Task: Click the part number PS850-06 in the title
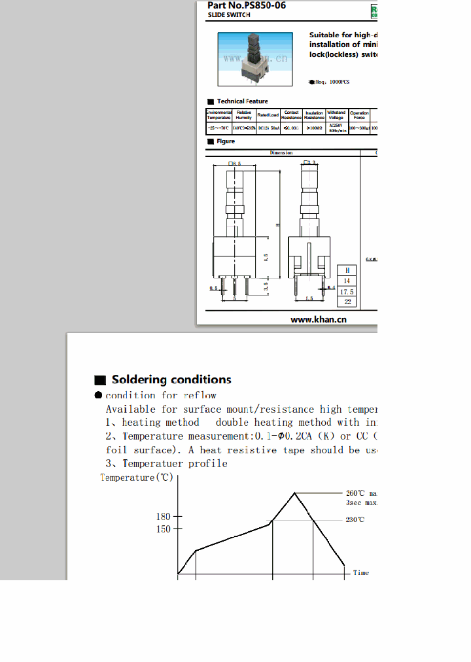point(261,5)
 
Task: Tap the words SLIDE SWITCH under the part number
point(229,14)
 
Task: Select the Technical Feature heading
point(242,101)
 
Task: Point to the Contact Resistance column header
point(291,115)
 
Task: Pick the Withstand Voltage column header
point(336,115)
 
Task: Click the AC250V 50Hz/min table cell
point(336,128)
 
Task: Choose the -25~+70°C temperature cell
point(218,128)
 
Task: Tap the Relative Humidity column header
point(244,115)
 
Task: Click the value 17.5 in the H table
point(347,292)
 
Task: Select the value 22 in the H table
point(347,302)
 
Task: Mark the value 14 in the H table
point(347,281)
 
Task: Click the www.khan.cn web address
point(318,319)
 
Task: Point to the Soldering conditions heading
point(171,380)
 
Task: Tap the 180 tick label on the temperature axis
point(163,517)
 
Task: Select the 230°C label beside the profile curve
point(355,520)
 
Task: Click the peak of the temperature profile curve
point(296,493)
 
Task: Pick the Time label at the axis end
point(361,573)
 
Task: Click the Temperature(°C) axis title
point(136,478)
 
